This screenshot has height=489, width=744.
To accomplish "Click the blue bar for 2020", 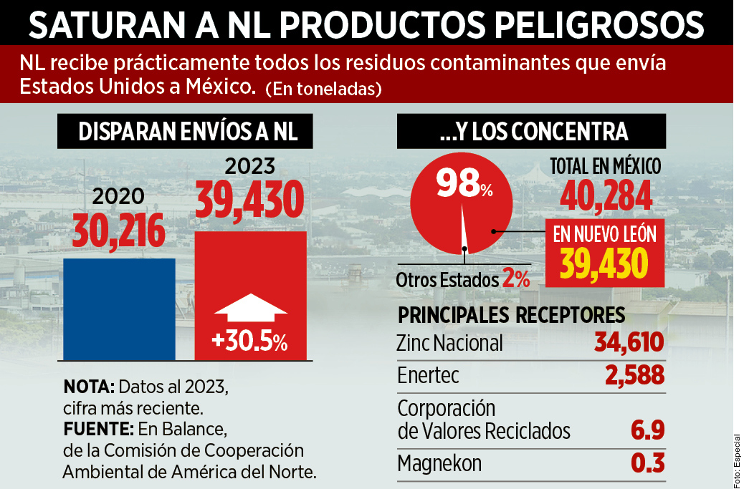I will click(119, 309).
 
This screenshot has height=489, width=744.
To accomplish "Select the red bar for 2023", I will click(250, 272).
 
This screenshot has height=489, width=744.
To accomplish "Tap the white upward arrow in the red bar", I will click(250, 309).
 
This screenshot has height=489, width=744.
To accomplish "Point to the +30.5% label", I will click(250, 342).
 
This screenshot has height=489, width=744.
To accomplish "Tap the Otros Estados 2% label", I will click(463, 279).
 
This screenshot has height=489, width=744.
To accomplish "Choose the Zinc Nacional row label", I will click(449, 343).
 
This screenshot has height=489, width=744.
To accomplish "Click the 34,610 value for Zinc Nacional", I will click(629, 343).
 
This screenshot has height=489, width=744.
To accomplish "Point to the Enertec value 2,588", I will click(634, 375).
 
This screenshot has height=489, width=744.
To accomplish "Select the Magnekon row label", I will click(439, 463).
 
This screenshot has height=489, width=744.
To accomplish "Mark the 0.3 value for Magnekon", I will click(647, 463).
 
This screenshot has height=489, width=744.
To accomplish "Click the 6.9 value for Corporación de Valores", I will click(647, 431).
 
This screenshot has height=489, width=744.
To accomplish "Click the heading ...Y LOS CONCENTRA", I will click(532, 132).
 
